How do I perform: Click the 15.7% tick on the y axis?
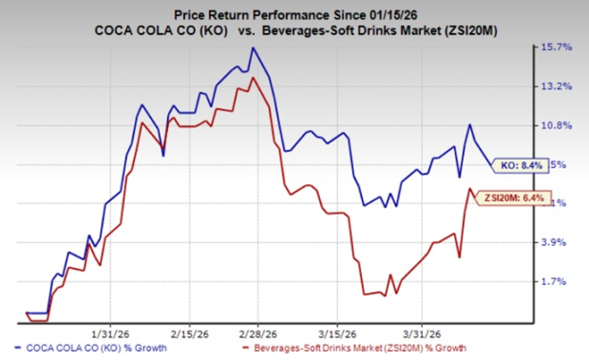[x=559, y=47]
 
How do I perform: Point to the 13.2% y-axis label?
[x=559, y=86]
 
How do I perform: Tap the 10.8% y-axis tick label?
[x=559, y=125]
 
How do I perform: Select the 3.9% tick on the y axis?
[x=559, y=243]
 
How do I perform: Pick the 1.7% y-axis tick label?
[x=559, y=282]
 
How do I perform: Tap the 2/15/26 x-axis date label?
[x=189, y=332]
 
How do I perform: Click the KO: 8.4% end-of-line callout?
[x=520, y=165]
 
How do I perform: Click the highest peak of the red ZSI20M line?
[x=251, y=78]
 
